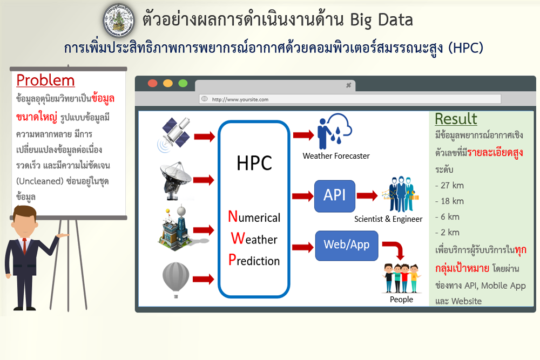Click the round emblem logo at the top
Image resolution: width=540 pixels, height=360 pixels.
(x=119, y=21)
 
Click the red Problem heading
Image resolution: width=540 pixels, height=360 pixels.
(x=45, y=80)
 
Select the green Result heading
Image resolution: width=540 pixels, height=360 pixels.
(x=456, y=119)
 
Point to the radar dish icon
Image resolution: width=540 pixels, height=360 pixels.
(x=175, y=181)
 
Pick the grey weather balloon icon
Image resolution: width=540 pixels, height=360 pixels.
(x=175, y=280)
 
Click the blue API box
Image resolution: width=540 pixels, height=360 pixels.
(x=334, y=196)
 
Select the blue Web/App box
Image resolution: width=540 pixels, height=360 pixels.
(x=347, y=246)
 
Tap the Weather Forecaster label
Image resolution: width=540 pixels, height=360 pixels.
(x=336, y=156)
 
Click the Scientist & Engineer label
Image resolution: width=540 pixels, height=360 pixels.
(x=388, y=219)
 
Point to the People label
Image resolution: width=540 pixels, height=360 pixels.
(x=401, y=300)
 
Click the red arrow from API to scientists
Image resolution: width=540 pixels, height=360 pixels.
(x=367, y=195)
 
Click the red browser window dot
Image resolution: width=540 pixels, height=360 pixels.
(x=153, y=83)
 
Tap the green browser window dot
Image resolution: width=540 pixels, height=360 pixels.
(x=183, y=83)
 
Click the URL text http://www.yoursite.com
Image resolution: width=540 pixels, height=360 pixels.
(x=240, y=99)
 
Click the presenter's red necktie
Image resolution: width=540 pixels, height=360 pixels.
(x=24, y=246)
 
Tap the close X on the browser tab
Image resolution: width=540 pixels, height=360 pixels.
(x=348, y=85)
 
